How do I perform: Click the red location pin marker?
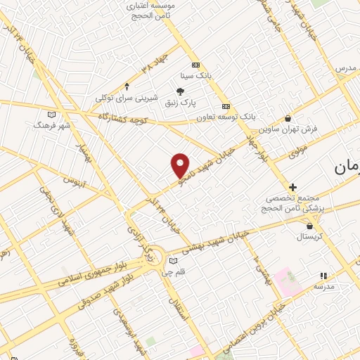pos(181,165)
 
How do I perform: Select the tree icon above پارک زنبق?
pos(180,91)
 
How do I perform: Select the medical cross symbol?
pos(293,188)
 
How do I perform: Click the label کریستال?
pos(310,237)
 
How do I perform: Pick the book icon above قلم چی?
pos(174,261)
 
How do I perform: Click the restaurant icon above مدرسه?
pos(323,277)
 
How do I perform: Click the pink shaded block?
pos(288,281)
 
